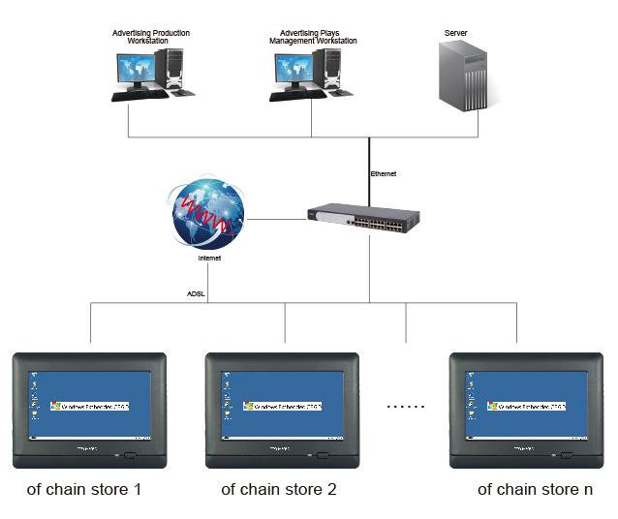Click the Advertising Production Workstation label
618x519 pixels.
pos(151,37)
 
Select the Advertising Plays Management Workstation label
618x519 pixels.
pos(312,37)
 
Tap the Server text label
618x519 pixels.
pos(455,34)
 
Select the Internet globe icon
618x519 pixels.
pos(208,211)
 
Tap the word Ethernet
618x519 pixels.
pos(384,174)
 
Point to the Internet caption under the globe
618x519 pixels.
pos(209,259)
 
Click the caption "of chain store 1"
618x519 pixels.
pos(84,489)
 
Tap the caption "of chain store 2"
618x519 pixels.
pos(279,489)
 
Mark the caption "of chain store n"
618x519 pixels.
pos(535,489)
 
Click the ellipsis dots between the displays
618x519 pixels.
pos(406,407)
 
